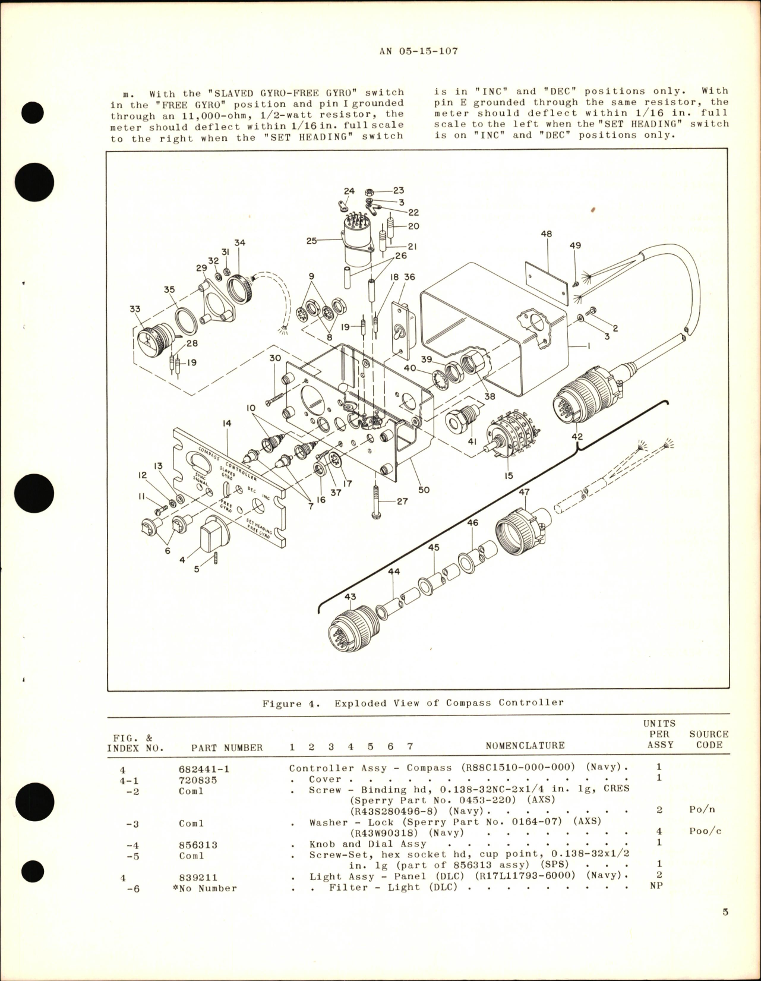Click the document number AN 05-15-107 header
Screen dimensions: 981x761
(418, 51)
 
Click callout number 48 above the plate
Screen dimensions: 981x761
(546, 234)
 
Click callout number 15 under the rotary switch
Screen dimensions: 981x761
(508, 476)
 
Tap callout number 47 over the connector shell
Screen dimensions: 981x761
(524, 492)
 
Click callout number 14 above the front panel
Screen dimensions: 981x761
(228, 424)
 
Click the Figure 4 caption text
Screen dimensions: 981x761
(413, 702)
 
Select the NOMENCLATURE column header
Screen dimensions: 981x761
(525, 745)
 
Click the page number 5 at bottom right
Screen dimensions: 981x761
(725, 928)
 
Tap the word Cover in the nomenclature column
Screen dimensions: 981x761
(325, 779)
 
